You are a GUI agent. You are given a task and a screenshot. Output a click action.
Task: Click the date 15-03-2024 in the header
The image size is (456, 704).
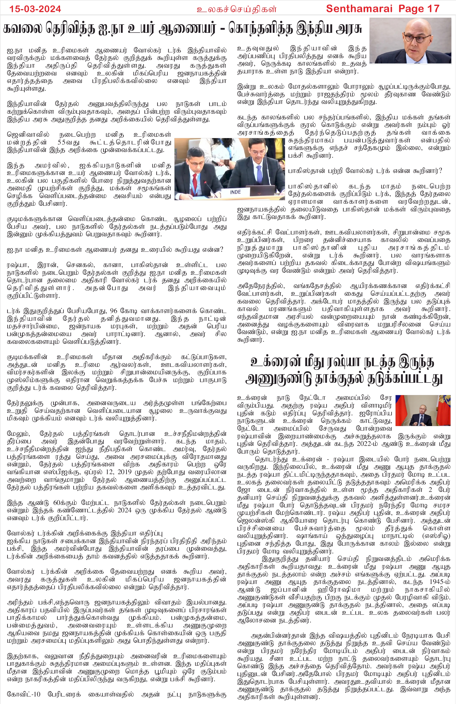[35, 9]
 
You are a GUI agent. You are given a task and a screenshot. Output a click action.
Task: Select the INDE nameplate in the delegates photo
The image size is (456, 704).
[235, 192]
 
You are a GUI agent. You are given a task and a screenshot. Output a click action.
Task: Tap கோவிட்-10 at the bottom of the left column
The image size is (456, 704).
[24, 694]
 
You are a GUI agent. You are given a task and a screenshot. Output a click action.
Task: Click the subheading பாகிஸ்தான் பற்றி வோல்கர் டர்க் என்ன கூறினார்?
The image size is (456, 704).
[365, 171]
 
